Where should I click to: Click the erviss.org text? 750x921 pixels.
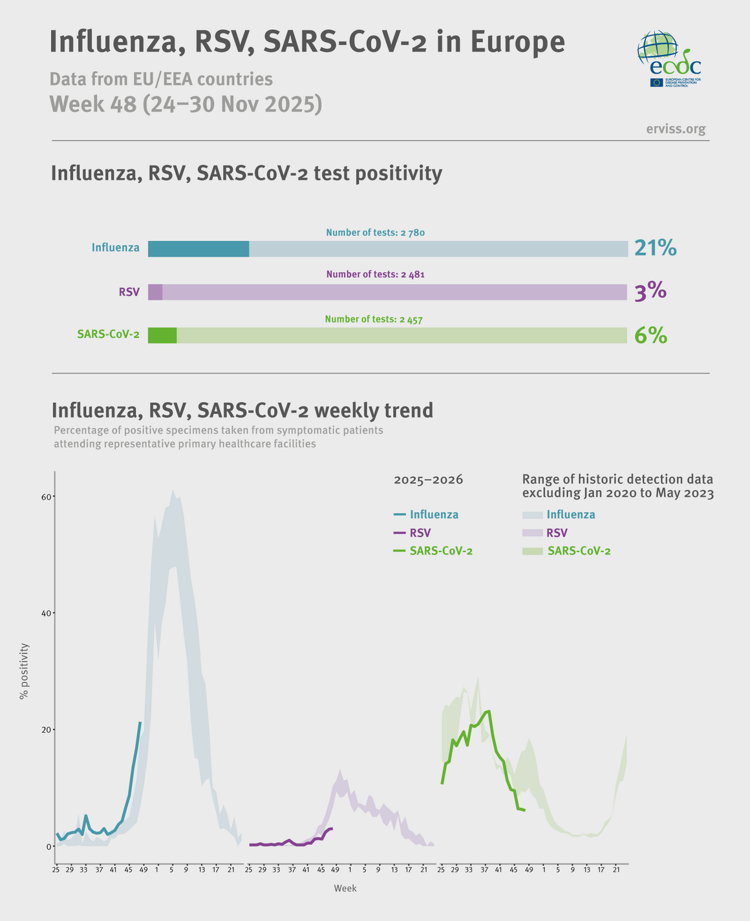(x=676, y=129)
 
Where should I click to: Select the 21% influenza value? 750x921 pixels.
(x=655, y=248)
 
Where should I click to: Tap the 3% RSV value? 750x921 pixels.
(x=650, y=292)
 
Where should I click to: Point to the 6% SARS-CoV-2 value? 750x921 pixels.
(x=650, y=335)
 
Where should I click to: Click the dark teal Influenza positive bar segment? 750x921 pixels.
(x=198, y=249)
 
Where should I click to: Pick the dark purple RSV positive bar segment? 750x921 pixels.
(x=155, y=292)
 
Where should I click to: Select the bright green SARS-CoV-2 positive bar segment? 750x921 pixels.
(x=162, y=335)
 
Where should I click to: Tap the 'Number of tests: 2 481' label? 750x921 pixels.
(x=375, y=275)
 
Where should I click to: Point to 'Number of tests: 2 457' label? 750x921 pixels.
(x=375, y=319)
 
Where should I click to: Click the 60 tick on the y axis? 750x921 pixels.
(x=46, y=496)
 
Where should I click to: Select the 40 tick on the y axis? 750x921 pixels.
(x=46, y=613)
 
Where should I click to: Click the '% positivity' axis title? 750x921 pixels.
(x=24, y=671)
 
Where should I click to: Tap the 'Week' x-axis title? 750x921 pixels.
(x=345, y=889)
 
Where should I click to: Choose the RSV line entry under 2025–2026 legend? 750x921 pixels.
(x=412, y=533)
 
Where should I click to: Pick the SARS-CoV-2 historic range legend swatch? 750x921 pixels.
(x=533, y=551)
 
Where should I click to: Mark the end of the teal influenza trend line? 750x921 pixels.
(x=140, y=723)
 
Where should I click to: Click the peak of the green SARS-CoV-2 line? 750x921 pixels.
(x=489, y=711)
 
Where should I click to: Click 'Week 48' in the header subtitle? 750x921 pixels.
(x=93, y=104)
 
